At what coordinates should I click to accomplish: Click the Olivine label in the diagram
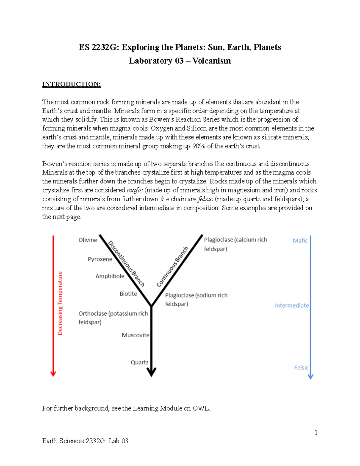click(x=88, y=240)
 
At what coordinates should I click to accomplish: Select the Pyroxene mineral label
click(x=100, y=259)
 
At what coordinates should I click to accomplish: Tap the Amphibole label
click(x=110, y=276)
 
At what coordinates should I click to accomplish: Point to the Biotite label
click(x=128, y=294)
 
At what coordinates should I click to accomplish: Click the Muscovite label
click(x=135, y=335)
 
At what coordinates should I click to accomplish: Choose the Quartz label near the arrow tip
click(x=139, y=362)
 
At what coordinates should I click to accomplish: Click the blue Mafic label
click(x=300, y=241)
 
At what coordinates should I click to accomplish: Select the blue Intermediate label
click(x=292, y=305)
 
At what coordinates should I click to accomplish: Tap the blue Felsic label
click(x=301, y=368)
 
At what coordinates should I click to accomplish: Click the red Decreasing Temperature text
click(x=60, y=303)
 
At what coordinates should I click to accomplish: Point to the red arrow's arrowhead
click(x=53, y=374)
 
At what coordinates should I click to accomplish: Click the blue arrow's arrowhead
click(x=310, y=377)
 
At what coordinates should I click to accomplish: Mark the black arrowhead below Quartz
click(x=151, y=372)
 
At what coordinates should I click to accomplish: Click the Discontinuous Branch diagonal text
click(x=126, y=264)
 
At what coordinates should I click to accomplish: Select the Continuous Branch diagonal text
click(x=172, y=266)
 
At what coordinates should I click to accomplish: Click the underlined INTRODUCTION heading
click(x=71, y=84)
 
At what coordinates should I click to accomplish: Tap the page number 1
click(x=316, y=432)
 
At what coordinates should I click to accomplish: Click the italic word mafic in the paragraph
click(x=135, y=190)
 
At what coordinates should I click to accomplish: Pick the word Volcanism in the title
click(x=211, y=61)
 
